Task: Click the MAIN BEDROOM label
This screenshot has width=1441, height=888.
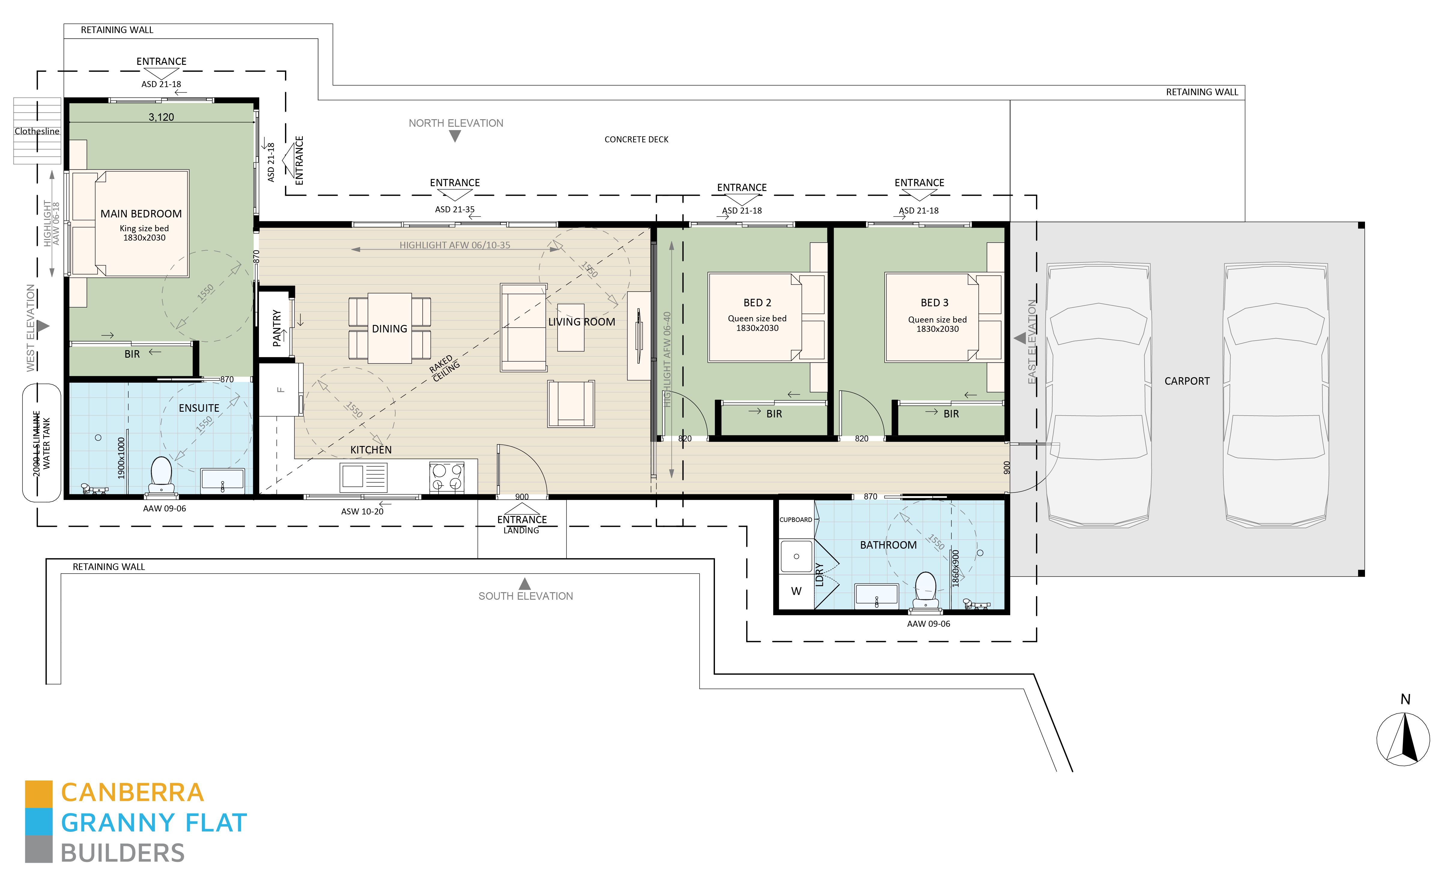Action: coord(141,214)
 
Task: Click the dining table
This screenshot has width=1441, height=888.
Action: coord(390,328)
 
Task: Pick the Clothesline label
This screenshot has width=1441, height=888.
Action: coord(37,131)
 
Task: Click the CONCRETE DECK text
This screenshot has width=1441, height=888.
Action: coord(636,139)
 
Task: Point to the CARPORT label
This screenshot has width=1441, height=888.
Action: coord(1187,381)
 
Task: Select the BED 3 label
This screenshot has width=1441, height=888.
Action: coord(934,302)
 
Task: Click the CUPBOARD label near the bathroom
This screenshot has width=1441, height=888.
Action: coord(795,520)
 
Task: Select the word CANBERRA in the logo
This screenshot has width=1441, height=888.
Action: coord(132,793)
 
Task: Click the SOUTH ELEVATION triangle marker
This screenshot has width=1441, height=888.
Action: coord(524,584)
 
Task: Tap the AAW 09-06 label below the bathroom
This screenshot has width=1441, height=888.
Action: coord(928,624)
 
